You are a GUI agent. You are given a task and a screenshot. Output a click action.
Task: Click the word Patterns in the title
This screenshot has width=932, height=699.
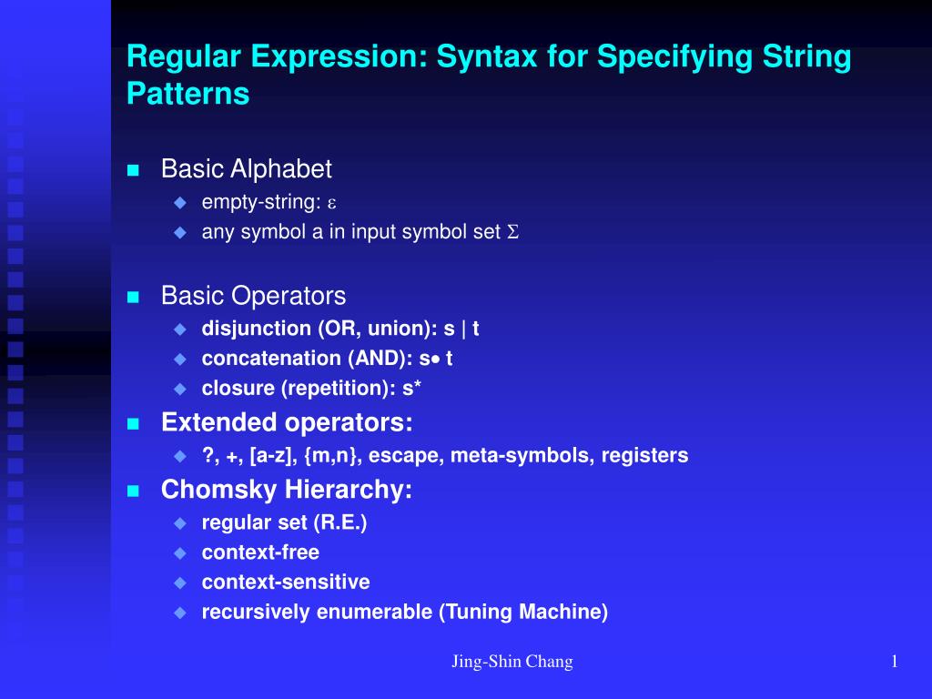[188, 94]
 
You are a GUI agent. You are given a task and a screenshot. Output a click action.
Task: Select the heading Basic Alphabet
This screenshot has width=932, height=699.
[247, 169]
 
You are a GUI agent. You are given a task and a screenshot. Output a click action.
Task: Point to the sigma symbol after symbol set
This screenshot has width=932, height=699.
[512, 233]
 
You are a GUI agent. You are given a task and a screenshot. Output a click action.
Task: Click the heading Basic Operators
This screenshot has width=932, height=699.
[253, 296]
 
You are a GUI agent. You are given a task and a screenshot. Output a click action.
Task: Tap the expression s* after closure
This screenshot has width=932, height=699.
[411, 389]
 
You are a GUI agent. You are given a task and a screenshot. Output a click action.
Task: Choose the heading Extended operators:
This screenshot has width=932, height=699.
[287, 422]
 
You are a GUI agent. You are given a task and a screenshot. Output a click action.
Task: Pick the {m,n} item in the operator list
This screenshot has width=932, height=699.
[336, 455]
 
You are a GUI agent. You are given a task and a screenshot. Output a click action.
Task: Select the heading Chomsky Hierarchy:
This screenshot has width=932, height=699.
[287, 490]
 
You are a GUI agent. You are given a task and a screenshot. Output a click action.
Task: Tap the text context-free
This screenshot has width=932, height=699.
[260, 552]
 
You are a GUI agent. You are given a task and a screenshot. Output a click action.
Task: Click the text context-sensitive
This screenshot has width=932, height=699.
[286, 582]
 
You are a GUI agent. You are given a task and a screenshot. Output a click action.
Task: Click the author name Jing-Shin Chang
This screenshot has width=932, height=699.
[512, 662]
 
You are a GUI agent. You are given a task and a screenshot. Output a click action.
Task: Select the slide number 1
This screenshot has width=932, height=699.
[896, 662]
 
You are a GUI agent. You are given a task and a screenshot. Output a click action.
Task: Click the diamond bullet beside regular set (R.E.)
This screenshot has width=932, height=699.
[179, 523]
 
